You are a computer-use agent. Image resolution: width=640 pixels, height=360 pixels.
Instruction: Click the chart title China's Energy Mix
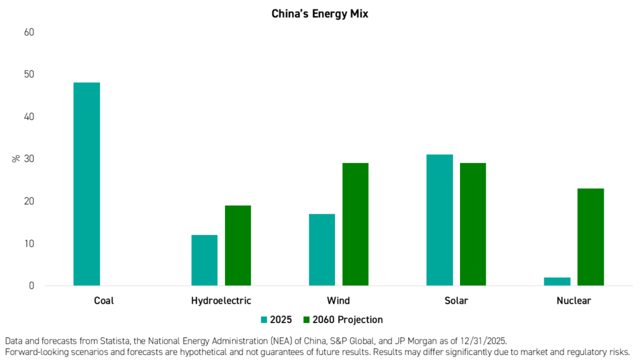[319, 14]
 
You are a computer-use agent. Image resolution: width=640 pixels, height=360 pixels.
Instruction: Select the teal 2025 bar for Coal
[86, 184]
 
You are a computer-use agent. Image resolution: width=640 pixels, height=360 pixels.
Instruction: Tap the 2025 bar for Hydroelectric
[204, 261]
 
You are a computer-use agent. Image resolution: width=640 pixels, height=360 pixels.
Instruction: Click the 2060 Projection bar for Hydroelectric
[238, 245]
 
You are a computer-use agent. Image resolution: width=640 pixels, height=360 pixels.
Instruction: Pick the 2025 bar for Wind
[322, 250]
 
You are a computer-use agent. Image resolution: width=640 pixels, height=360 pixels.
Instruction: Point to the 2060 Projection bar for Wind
[356, 224]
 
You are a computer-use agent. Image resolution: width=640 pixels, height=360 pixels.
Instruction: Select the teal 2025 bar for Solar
[439, 220]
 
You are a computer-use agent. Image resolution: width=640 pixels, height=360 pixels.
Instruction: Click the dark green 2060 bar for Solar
[473, 224]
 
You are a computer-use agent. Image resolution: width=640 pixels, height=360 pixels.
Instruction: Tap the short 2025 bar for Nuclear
[557, 282]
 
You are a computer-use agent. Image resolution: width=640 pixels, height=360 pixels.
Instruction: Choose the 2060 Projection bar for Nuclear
[591, 237]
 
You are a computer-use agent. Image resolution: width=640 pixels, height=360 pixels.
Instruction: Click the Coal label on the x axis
[104, 301]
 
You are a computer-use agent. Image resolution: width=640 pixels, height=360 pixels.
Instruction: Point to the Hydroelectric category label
[221, 301]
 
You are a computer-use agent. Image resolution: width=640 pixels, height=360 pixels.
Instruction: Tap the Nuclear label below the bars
[574, 301]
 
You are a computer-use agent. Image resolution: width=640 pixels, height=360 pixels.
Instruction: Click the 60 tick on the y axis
[29, 32]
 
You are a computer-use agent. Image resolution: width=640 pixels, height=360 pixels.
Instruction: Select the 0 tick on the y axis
[31, 286]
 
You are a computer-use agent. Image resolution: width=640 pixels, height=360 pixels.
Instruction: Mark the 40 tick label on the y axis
[29, 117]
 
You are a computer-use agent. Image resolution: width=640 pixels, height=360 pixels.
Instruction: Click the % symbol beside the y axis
[16, 159]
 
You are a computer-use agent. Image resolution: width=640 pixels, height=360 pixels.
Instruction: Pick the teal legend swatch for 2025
[264, 320]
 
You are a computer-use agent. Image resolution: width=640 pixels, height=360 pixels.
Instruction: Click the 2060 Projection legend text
[347, 319]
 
